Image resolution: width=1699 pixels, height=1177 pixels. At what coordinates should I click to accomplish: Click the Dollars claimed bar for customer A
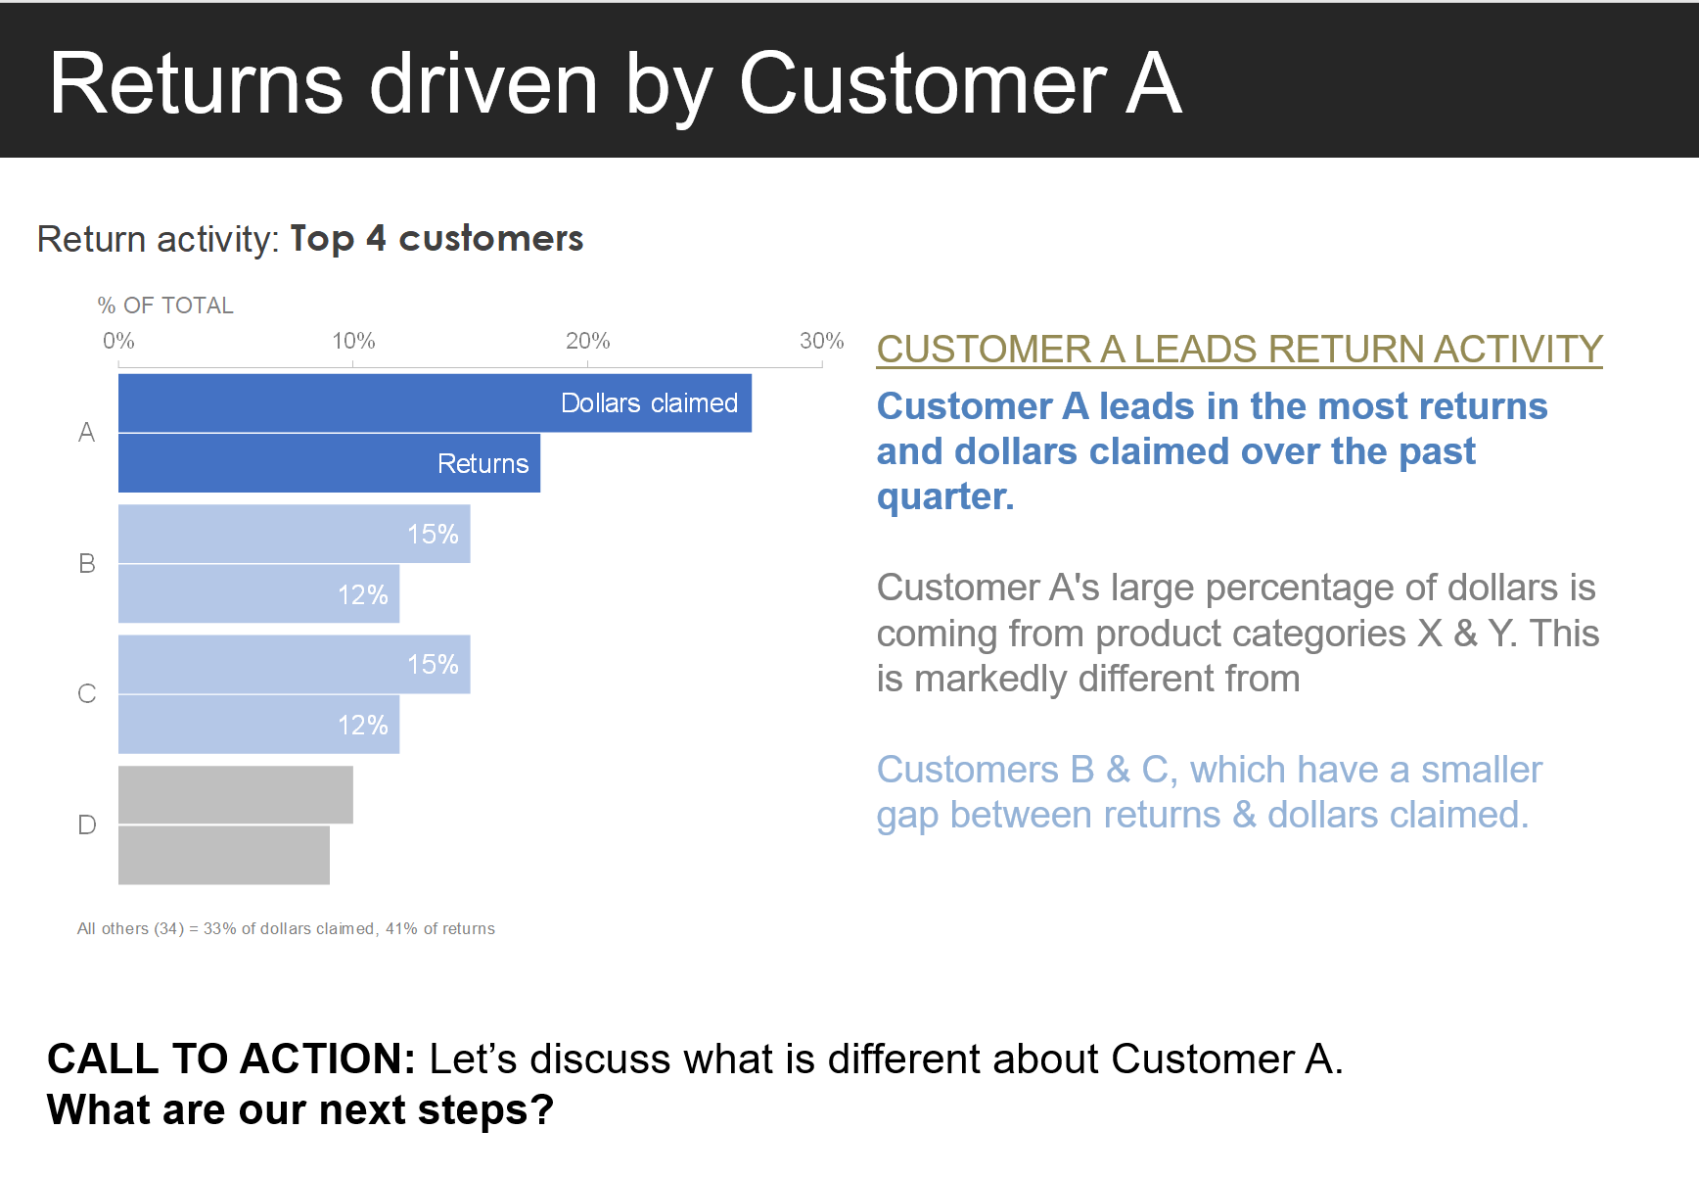pyautogui.click(x=435, y=403)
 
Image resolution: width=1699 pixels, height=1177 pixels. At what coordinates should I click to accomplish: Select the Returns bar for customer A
pyautogui.click(x=329, y=463)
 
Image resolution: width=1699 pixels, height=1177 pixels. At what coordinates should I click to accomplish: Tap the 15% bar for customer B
pyautogui.click(x=294, y=534)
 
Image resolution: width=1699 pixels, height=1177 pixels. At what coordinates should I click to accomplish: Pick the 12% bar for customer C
pyautogui.click(x=258, y=725)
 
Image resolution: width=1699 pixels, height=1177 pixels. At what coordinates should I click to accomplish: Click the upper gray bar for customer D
pyautogui.click(x=235, y=795)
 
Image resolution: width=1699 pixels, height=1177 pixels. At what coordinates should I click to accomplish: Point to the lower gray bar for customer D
pyautogui.click(x=223, y=855)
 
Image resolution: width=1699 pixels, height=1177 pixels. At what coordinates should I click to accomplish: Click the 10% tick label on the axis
pyautogui.click(x=353, y=341)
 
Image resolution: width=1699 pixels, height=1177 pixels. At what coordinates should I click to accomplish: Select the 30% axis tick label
pyautogui.click(x=821, y=341)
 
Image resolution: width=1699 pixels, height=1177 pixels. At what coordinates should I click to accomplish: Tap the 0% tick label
pyautogui.click(x=118, y=341)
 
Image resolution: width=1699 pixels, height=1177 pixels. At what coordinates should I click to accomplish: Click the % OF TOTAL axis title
pyautogui.click(x=165, y=306)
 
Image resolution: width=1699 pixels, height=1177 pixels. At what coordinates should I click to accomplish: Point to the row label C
pyautogui.click(x=87, y=694)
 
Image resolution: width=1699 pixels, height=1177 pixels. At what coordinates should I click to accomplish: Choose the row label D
pyautogui.click(x=87, y=824)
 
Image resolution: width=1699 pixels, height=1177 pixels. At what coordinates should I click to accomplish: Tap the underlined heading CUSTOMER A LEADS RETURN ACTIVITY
pyautogui.click(x=1239, y=350)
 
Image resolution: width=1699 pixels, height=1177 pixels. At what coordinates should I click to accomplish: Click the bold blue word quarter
pyautogui.click(x=944, y=497)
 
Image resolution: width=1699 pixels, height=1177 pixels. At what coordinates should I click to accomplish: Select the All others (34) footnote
pyautogui.click(x=286, y=928)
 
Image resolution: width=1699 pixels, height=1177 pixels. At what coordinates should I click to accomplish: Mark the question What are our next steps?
pyautogui.click(x=300, y=1110)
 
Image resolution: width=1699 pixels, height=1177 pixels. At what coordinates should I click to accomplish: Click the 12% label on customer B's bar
pyautogui.click(x=363, y=594)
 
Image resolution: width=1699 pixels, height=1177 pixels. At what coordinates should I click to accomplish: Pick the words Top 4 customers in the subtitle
pyautogui.click(x=436, y=239)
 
